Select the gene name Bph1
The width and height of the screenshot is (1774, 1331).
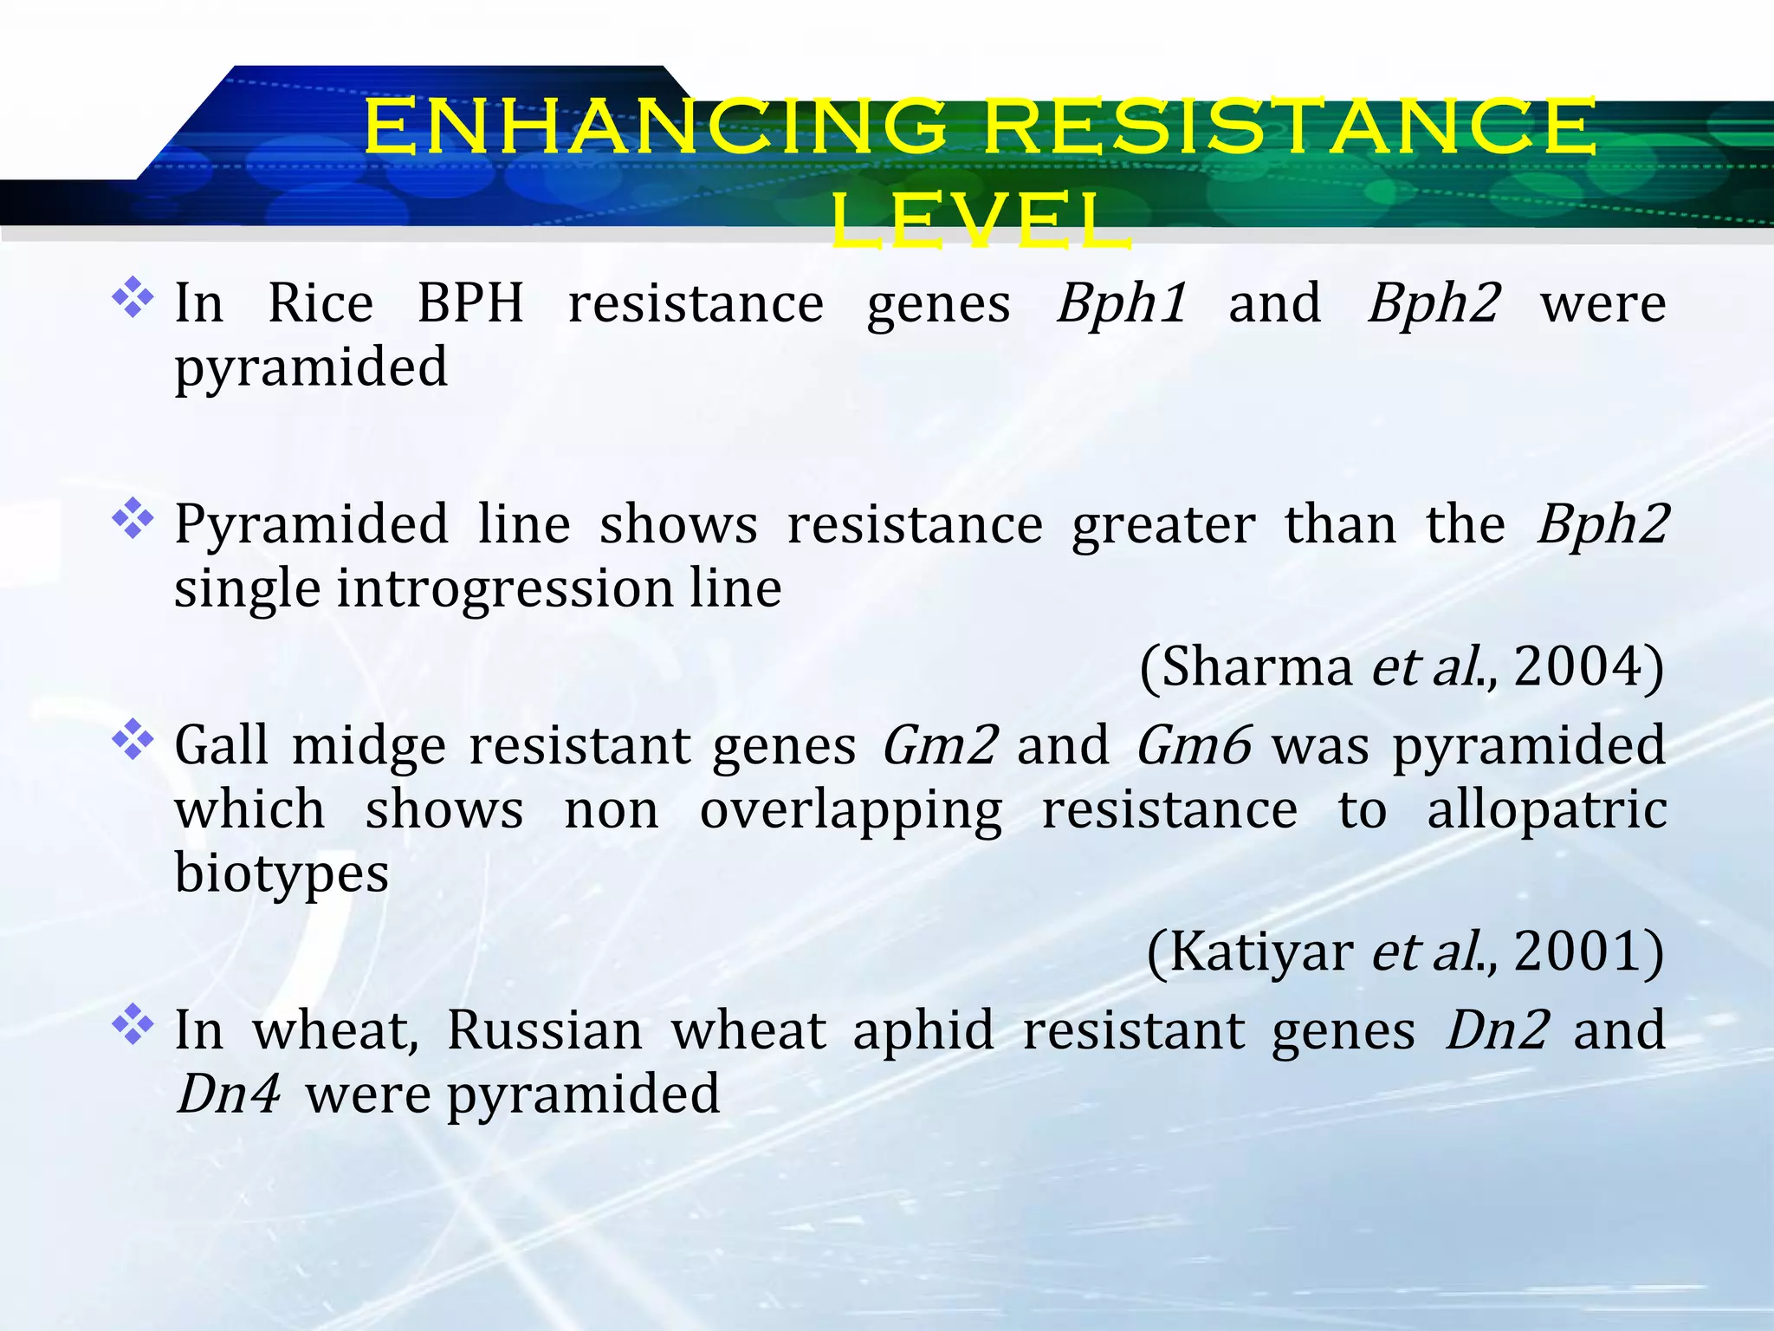click(x=1121, y=304)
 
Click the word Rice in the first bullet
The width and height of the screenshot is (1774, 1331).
click(x=320, y=304)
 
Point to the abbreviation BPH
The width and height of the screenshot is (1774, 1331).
click(x=470, y=304)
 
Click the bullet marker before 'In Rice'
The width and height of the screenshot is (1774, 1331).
click(x=133, y=297)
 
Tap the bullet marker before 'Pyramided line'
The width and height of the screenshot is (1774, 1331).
click(x=133, y=518)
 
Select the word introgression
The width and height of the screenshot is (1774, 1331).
click(x=505, y=588)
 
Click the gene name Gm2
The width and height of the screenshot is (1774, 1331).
click(x=940, y=746)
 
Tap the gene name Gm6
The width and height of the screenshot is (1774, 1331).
click(x=1194, y=746)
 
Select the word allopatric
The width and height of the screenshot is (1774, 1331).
click(x=1546, y=810)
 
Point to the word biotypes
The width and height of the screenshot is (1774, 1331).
click(x=282, y=873)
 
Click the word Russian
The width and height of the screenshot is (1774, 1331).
click(x=544, y=1030)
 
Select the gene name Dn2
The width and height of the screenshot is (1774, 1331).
click(x=1498, y=1030)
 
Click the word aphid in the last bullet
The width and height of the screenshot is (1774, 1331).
click(x=923, y=1030)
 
